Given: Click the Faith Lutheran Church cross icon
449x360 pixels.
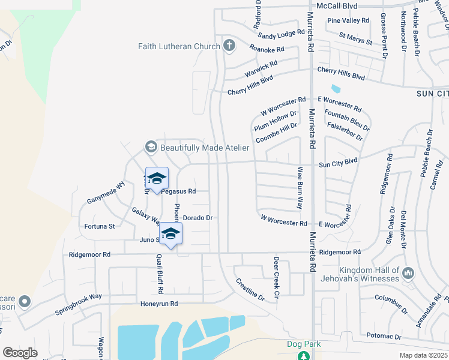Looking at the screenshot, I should pyautogui.click(x=229, y=46).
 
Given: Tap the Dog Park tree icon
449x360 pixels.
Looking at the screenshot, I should pyautogui.click(x=304, y=356).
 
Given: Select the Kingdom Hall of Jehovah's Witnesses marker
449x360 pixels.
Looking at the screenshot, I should pyautogui.click(x=408, y=274).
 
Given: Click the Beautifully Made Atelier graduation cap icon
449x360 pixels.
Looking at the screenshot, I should pyautogui.click(x=151, y=147).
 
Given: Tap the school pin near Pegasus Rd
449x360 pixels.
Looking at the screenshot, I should pyautogui.click(x=157, y=179).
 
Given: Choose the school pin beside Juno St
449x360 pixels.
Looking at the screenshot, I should pyautogui.click(x=170, y=234).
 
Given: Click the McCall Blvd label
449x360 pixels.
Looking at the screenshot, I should pyautogui.click(x=337, y=6).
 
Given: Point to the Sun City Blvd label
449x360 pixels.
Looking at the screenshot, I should pyautogui.click(x=338, y=162).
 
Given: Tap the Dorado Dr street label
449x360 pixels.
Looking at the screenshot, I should pyautogui.click(x=198, y=218).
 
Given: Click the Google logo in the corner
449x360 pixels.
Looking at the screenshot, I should pyautogui.click(x=20, y=353).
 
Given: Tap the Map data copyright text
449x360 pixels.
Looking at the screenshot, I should pyautogui.click(x=423, y=355).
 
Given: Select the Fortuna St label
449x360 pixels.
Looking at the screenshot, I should pyautogui.click(x=99, y=226).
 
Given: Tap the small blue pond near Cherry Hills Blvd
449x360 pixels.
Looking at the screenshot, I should pyautogui.click(x=336, y=89).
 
